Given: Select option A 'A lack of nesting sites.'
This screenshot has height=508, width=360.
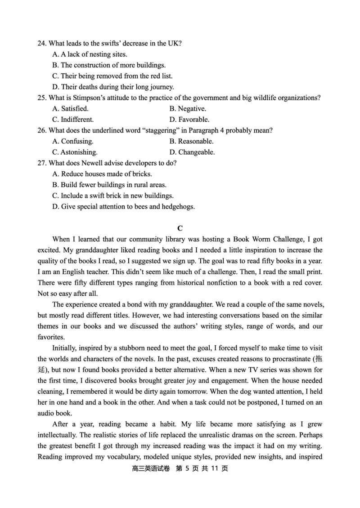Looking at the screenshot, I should click(x=90, y=54).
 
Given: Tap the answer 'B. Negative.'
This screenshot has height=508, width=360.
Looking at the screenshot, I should click(x=188, y=109).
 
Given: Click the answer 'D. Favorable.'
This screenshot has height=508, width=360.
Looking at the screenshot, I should click(x=189, y=120).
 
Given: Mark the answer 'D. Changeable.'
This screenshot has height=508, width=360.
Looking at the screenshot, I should click(x=192, y=152).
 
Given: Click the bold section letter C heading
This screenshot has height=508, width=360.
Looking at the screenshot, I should click(x=180, y=228).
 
